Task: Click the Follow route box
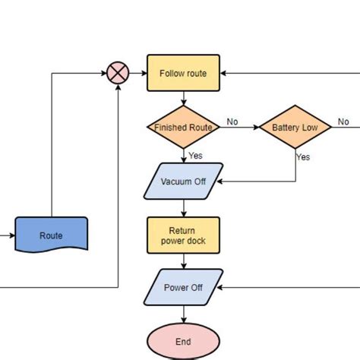pos(183,74)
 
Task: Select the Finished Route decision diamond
pos(183,128)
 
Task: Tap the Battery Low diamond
pos(295,128)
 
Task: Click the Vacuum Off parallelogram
pos(183,182)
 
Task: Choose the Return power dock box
pos(183,235)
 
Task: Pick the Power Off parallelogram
pos(183,288)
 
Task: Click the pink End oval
pos(183,341)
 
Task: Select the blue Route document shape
pos(51,235)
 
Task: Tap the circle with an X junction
pos(118,74)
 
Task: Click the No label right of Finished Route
pos(232,122)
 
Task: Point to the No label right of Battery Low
pos(343,122)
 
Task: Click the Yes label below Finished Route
pos(195,155)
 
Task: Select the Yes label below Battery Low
pos(303,157)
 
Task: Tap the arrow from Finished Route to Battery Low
pos(239,128)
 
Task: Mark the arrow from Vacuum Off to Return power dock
pos(183,208)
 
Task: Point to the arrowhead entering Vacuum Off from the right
pos(224,182)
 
